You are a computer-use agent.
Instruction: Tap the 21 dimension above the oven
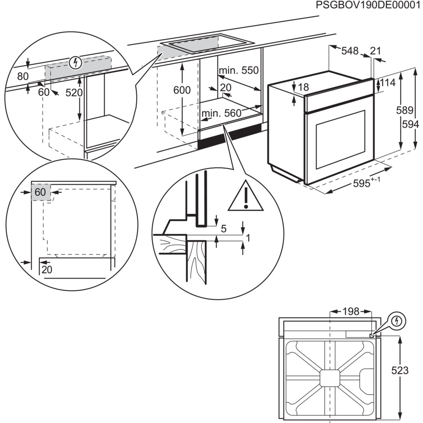point(376,51)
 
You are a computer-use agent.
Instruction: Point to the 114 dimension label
point(388,84)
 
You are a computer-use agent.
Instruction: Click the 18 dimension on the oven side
point(304,87)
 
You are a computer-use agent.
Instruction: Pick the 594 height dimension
point(411,124)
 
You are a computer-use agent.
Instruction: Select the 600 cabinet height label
point(182,90)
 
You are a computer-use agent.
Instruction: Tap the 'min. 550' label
point(238,70)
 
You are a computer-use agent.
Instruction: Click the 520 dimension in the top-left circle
point(74,93)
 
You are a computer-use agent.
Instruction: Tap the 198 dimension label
point(351,311)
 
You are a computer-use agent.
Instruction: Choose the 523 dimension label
point(400,370)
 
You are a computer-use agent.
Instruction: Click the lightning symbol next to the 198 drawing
point(397,321)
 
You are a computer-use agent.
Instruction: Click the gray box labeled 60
point(41,192)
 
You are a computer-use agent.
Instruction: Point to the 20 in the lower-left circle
point(47,270)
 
